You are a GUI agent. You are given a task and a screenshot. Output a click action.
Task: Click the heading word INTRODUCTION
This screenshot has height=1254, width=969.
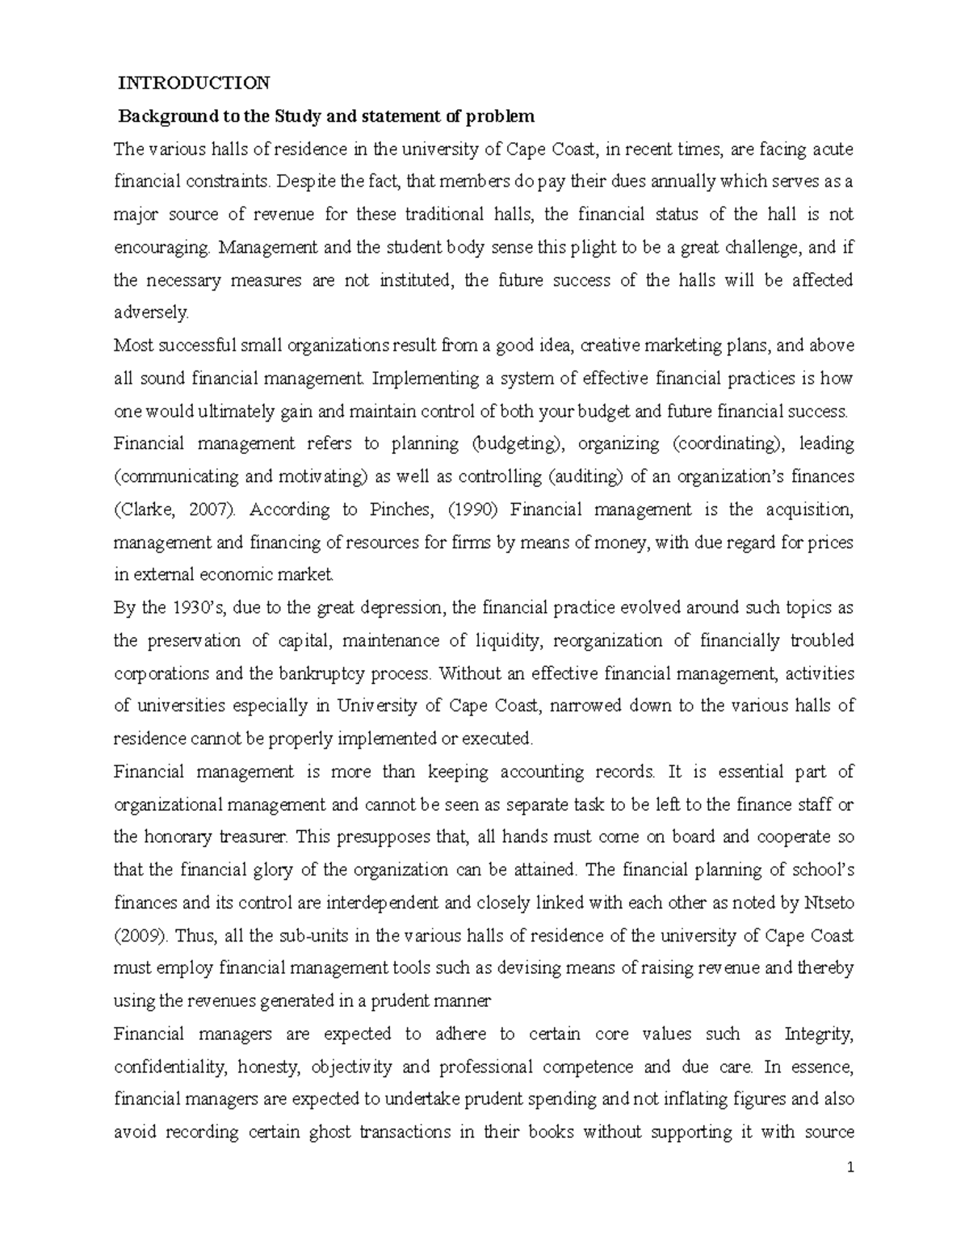pos(194,83)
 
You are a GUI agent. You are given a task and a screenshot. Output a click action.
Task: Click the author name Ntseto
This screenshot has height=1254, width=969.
pos(827,903)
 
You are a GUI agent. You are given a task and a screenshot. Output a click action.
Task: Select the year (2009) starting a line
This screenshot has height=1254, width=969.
pos(141,936)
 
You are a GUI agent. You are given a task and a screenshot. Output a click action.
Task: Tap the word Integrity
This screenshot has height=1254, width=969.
pos(818,1034)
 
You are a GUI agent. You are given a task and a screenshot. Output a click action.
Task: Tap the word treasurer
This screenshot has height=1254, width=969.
pos(252,837)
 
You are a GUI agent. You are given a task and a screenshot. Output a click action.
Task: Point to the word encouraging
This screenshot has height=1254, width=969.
pos(161,248)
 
